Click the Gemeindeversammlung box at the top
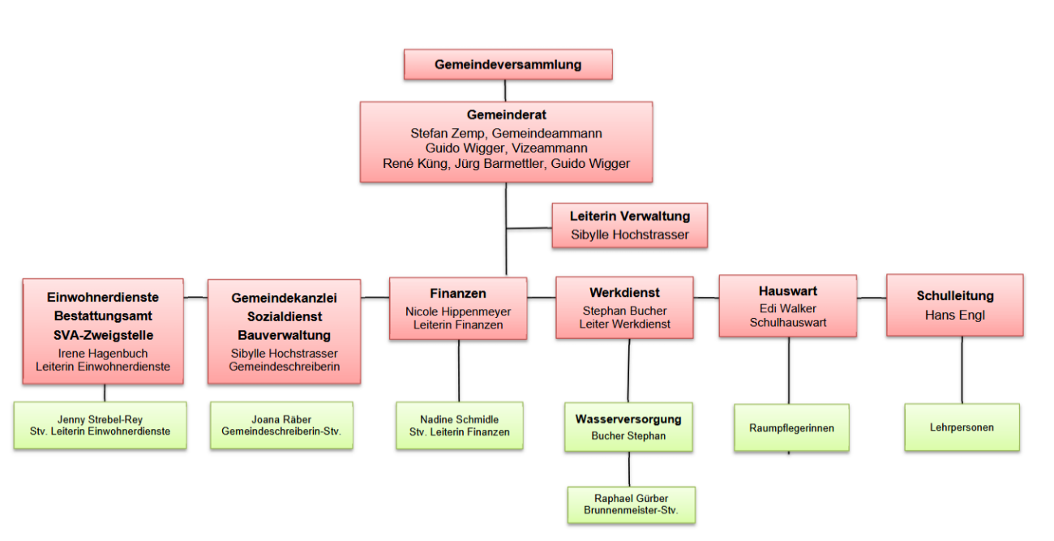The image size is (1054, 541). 508,65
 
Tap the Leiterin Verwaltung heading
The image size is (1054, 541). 630,217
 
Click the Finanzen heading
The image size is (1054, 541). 458,294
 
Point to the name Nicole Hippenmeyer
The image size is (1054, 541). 458,311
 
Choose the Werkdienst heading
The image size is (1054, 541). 624,293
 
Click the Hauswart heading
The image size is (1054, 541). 787,291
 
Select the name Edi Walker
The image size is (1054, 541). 787,309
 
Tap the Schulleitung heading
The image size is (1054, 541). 954,296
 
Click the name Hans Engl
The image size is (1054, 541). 954,316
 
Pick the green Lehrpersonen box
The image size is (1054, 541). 962,427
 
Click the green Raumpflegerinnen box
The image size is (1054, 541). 791,428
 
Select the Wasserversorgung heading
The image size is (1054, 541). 628,419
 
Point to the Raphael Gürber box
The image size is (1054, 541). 630,505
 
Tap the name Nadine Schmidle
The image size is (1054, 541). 459,419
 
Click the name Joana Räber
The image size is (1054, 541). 281,419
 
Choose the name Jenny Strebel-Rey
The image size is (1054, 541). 100,419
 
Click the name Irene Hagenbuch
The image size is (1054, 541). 102,354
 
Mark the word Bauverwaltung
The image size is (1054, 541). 284,335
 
